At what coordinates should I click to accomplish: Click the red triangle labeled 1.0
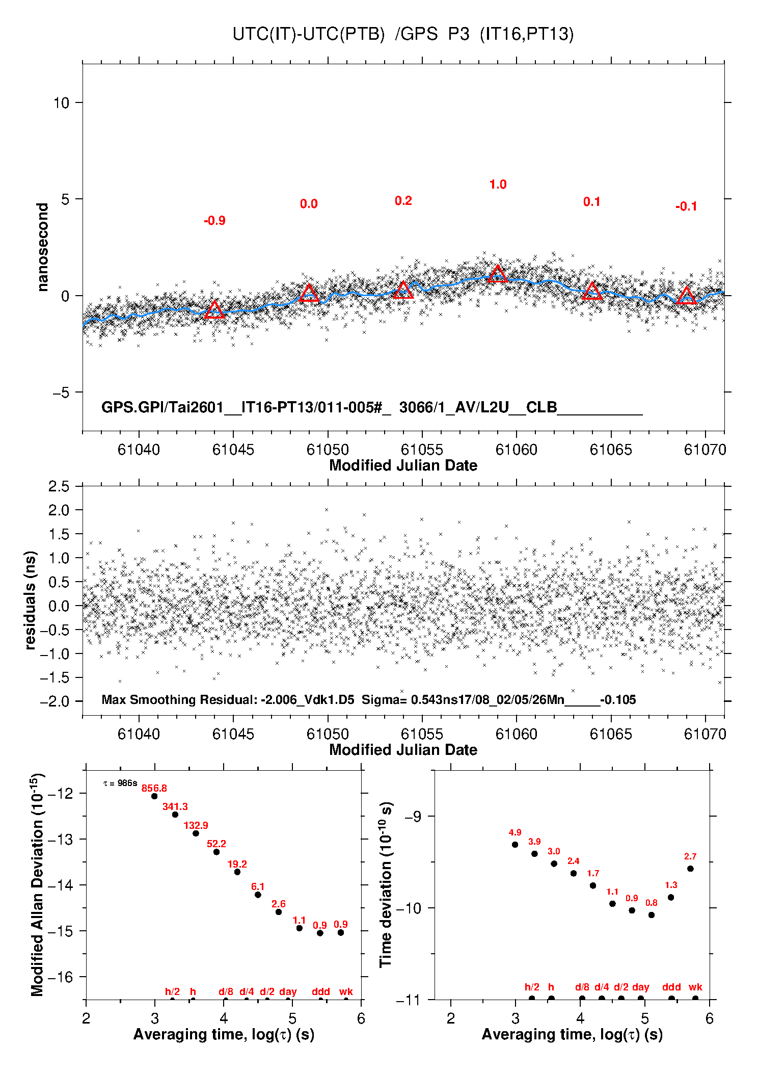498,275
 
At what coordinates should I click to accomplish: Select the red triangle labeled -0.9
214,310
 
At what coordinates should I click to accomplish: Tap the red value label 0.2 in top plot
403,201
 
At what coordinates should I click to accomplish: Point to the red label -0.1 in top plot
686,206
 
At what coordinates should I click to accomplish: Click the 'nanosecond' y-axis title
43,247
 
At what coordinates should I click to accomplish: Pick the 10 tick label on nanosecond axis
61,103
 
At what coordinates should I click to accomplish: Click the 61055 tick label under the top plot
422,450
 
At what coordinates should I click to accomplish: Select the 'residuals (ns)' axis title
31,600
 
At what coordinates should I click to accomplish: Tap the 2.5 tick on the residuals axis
59,486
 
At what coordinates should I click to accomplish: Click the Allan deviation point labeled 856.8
154,796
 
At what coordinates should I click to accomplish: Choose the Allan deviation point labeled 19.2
237,872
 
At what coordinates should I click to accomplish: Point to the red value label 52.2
216,844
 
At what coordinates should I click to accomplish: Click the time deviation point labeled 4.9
515,845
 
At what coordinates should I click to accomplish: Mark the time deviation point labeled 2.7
690,869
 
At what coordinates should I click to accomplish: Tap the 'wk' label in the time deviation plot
695,987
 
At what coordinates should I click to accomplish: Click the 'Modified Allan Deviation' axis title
37,884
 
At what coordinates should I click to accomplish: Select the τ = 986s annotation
120,783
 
